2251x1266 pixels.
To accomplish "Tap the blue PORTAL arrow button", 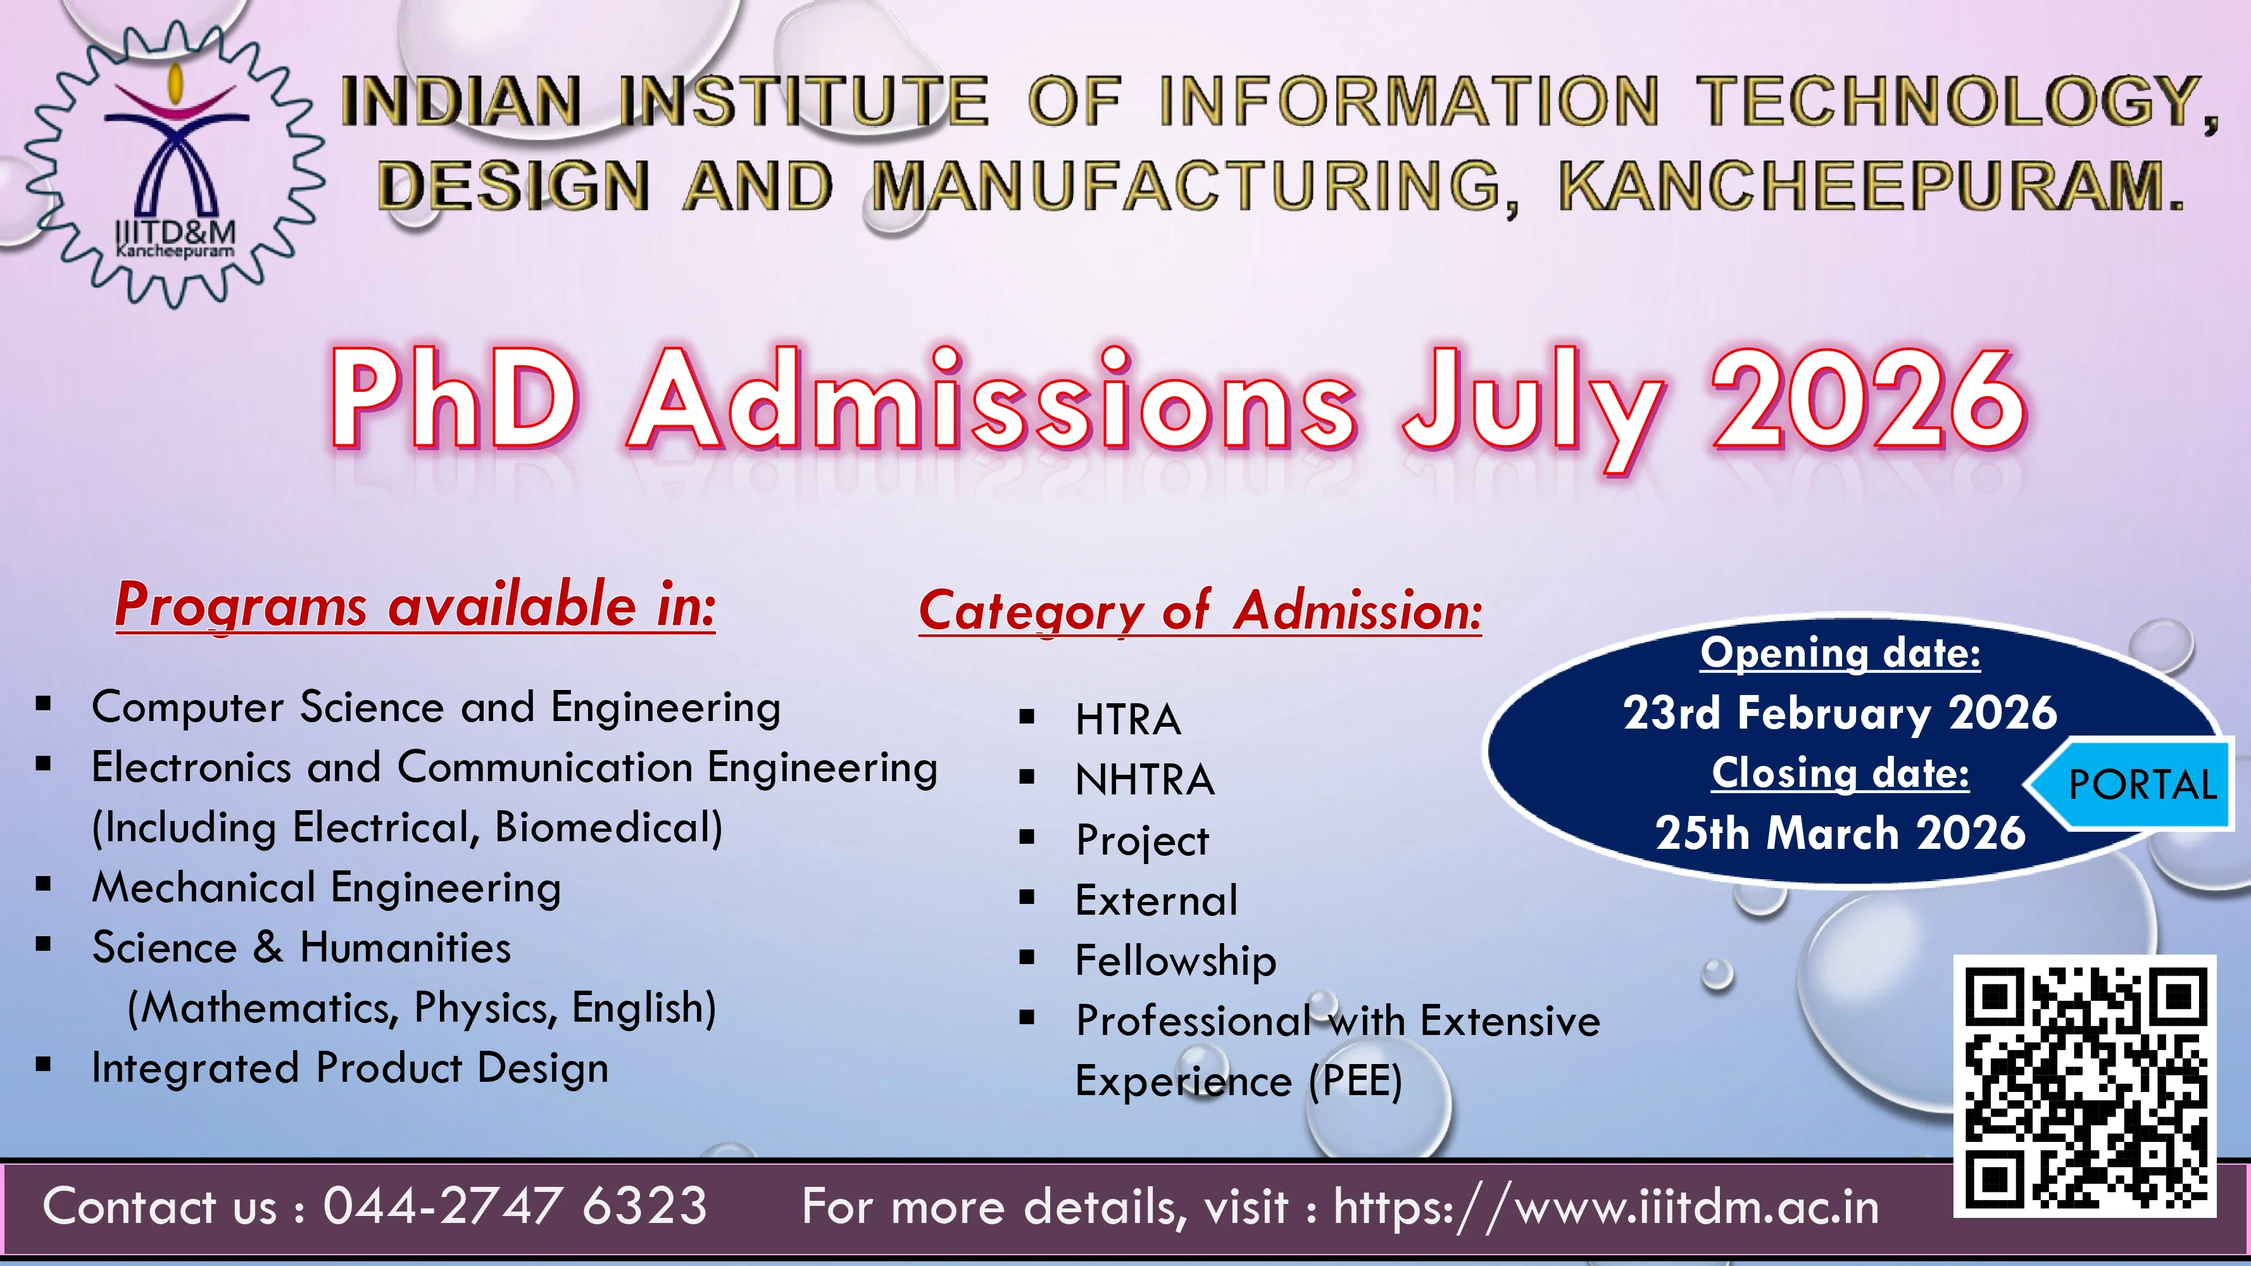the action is (x=2129, y=784).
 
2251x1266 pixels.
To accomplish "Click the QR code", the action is (x=2085, y=1086).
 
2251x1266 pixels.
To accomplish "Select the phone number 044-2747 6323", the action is (x=515, y=1206).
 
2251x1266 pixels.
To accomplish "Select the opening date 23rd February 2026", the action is (x=1840, y=713).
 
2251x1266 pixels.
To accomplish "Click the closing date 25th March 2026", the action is (x=1840, y=832).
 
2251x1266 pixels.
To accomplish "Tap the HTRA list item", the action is (x=1128, y=720).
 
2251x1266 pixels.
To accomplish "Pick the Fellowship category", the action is (x=1176, y=961).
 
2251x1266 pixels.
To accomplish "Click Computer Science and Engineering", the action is (x=436, y=708).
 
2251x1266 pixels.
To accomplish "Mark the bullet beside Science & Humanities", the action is (x=44, y=944).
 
